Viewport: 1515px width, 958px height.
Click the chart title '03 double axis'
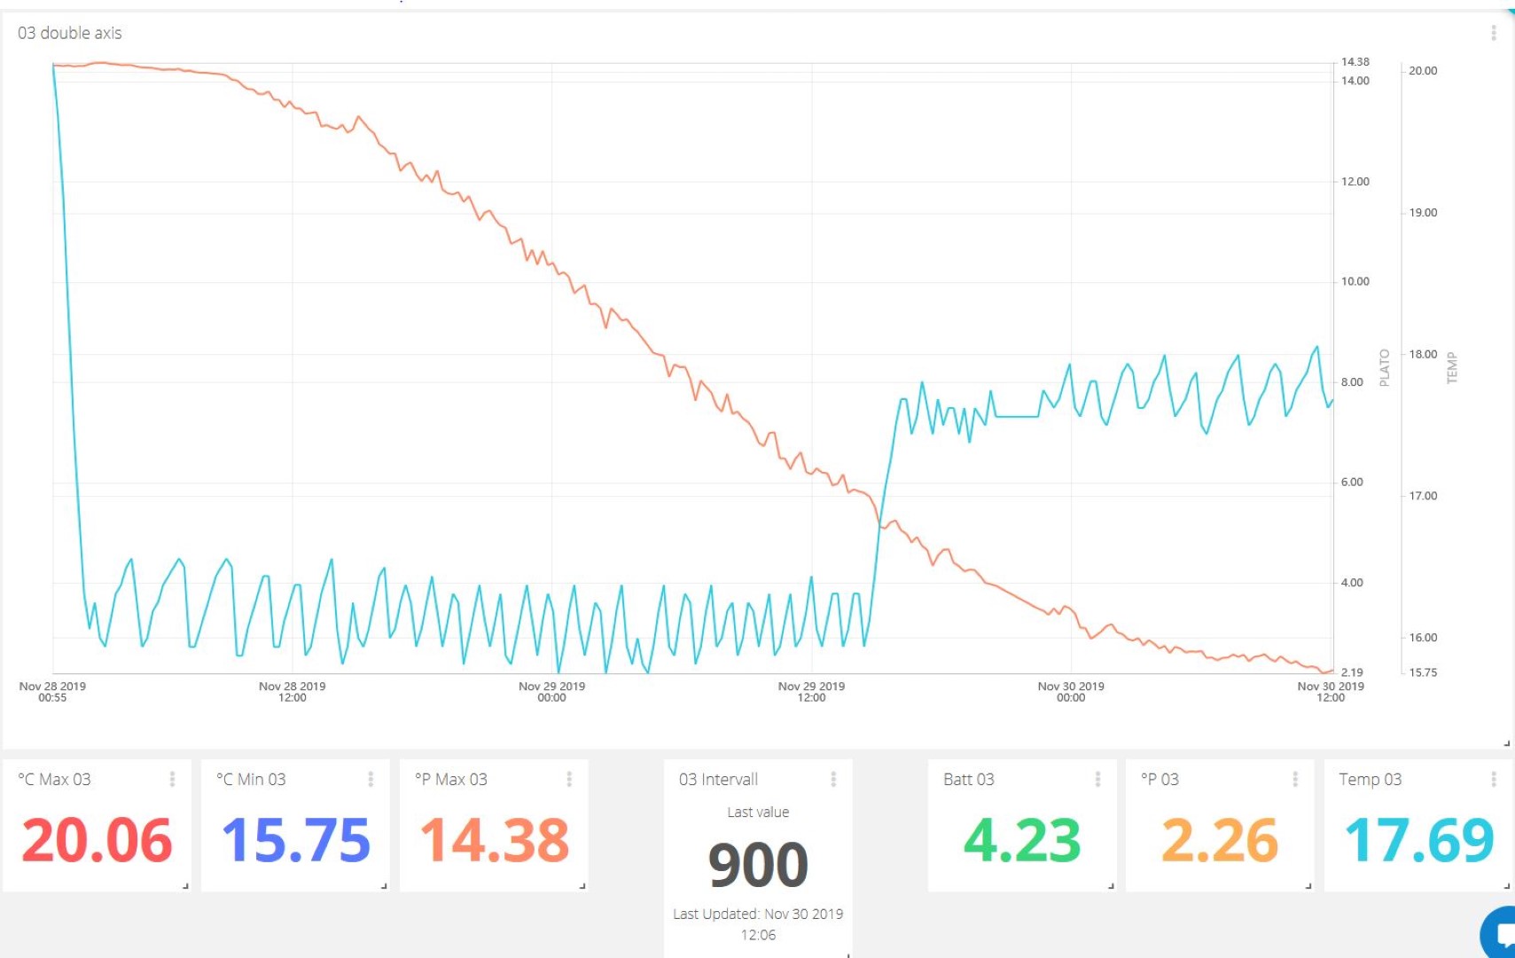(x=70, y=33)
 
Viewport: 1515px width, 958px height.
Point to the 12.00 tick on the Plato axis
(x=1355, y=182)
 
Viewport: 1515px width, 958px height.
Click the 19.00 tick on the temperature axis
(x=1423, y=213)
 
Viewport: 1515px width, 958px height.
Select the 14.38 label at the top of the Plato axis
(x=1355, y=62)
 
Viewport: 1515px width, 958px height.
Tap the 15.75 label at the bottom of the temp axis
(x=1423, y=672)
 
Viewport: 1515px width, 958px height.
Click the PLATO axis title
(x=1384, y=367)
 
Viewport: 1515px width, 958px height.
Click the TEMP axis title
(x=1452, y=367)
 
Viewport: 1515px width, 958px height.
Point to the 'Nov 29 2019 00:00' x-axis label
(x=551, y=691)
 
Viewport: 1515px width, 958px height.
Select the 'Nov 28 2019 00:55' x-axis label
(x=52, y=691)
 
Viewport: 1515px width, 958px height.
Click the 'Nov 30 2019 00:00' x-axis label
(x=1071, y=691)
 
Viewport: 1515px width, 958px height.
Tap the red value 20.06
(x=97, y=840)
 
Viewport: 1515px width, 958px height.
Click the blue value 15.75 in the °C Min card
(x=295, y=840)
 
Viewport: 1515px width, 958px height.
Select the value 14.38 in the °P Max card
(x=494, y=840)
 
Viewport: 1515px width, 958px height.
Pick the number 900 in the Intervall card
(x=758, y=865)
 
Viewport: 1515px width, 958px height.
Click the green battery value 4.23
(x=1022, y=840)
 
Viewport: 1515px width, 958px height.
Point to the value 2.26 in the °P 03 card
(x=1220, y=840)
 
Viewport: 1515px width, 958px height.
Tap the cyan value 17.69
(x=1419, y=840)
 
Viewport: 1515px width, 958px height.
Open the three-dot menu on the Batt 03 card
(x=1097, y=779)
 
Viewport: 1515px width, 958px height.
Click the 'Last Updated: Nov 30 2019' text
(x=758, y=914)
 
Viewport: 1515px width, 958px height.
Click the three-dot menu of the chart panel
(x=1494, y=33)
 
